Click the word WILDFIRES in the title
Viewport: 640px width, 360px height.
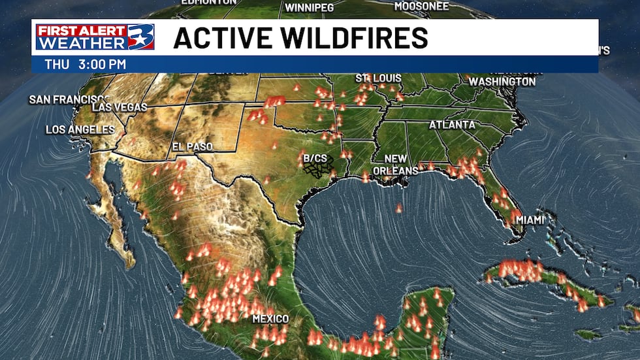click(353, 38)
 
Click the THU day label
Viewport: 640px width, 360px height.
click(55, 65)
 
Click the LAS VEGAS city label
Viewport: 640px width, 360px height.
click(120, 107)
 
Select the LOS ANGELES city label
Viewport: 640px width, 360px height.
click(80, 130)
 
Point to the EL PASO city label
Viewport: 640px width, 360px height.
click(192, 147)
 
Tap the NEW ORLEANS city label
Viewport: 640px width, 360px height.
click(395, 165)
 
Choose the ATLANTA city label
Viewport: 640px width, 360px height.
click(452, 125)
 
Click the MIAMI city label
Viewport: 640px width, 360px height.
click(530, 220)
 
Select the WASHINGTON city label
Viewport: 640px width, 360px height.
click(502, 82)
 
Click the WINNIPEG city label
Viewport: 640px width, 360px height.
click(309, 8)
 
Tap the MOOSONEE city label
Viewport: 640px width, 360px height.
click(421, 7)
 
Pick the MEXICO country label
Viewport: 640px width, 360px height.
click(270, 319)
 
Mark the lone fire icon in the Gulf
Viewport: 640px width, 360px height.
click(399, 208)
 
